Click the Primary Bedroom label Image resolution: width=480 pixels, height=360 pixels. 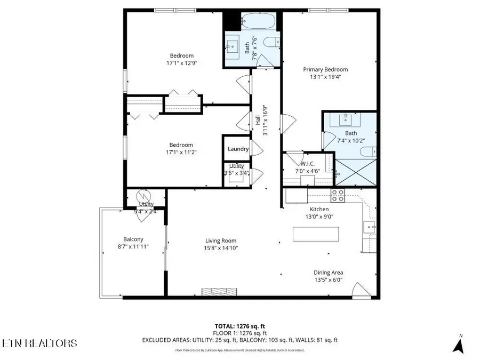pyautogui.click(x=325, y=69)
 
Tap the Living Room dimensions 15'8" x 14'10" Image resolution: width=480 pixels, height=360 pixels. pyautogui.click(x=220, y=248)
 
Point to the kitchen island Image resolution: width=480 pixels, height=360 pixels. pyautogui.click(x=316, y=234)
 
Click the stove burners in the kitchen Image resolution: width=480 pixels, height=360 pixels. pyautogui.click(x=338, y=195)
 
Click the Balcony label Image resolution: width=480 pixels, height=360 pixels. pyautogui.click(x=133, y=239)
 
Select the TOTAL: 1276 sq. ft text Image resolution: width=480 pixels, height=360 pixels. pyautogui.click(x=239, y=325)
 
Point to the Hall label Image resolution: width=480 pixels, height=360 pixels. pyautogui.click(x=257, y=121)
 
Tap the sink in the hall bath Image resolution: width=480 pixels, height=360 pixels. pyautogui.click(x=234, y=46)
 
